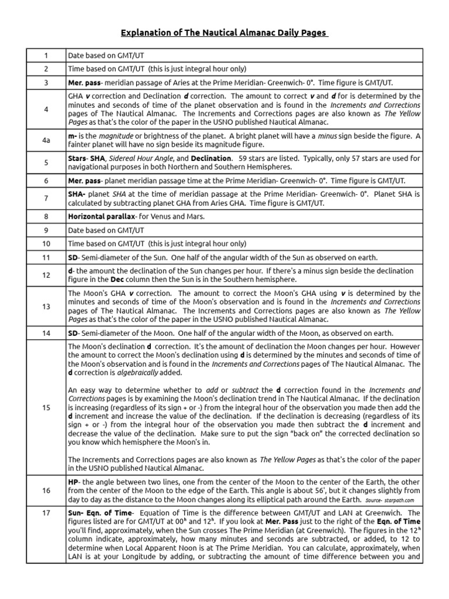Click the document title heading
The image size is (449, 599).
[x=224, y=33]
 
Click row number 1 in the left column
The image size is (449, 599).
[x=46, y=55]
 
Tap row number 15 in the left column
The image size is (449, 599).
[x=46, y=408]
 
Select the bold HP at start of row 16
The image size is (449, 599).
[x=73, y=481]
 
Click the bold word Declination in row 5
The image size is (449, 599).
[x=210, y=159]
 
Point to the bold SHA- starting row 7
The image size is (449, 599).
[x=78, y=194]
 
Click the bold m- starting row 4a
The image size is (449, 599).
[x=73, y=135]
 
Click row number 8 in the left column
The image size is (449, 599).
[x=46, y=216]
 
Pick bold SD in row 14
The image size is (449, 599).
[x=74, y=333]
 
